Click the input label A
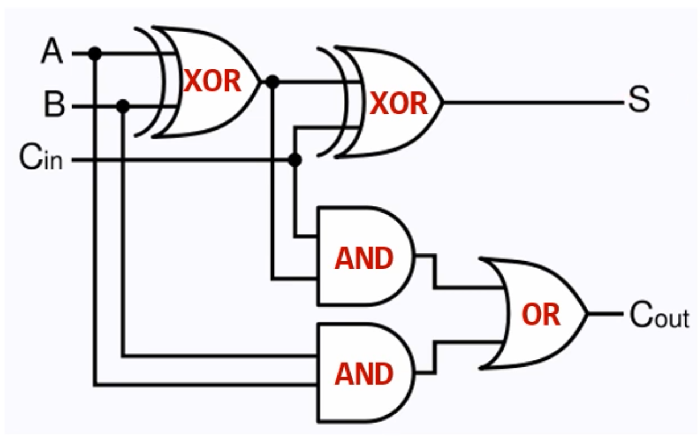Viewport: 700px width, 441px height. point(52,51)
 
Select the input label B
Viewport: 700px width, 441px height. point(55,103)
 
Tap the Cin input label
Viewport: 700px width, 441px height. point(41,157)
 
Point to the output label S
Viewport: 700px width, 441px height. point(639,99)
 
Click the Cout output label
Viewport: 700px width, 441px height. point(660,315)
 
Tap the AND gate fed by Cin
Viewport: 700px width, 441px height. point(365,256)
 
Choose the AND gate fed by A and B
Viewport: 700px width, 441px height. point(365,373)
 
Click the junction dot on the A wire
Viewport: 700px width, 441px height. point(95,53)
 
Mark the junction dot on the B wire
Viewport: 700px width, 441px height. point(123,106)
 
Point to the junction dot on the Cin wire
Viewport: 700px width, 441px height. point(295,160)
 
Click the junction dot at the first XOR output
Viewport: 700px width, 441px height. point(273,82)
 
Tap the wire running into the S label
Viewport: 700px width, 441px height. point(533,102)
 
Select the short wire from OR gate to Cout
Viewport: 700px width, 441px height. point(606,314)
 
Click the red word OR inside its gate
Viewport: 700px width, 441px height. point(541,315)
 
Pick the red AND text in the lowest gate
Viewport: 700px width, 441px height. point(364,374)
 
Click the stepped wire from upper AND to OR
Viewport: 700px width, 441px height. point(434,272)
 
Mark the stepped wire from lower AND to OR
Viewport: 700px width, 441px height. point(434,357)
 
